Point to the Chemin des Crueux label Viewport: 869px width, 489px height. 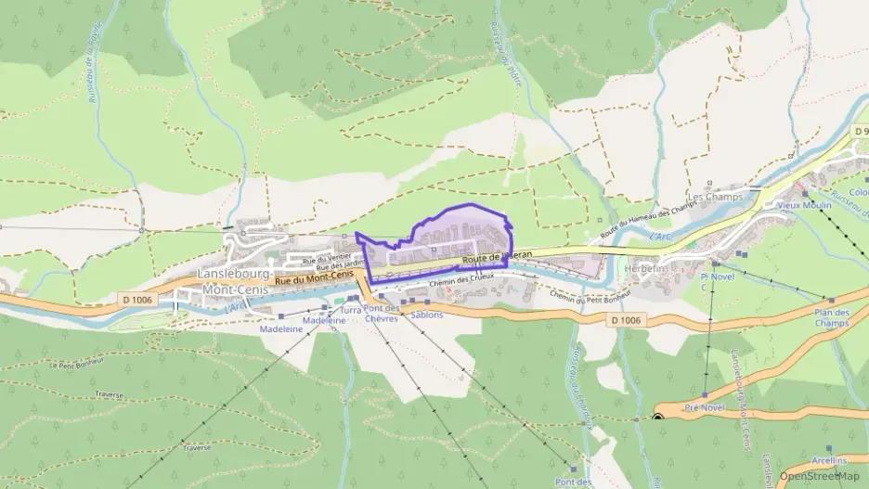coord(462,277)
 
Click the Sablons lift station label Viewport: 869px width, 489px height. coord(426,315)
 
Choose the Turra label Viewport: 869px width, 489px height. coord(351,310)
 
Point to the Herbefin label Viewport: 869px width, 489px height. coord(646,267)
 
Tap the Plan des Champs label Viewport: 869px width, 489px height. coord(831,317)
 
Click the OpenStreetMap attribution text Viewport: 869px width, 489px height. coord(819,476)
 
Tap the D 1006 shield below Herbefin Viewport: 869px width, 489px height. coord(627,320)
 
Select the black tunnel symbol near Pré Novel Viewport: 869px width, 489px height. coord(658,417)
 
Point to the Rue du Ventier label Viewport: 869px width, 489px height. coord(333,259)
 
